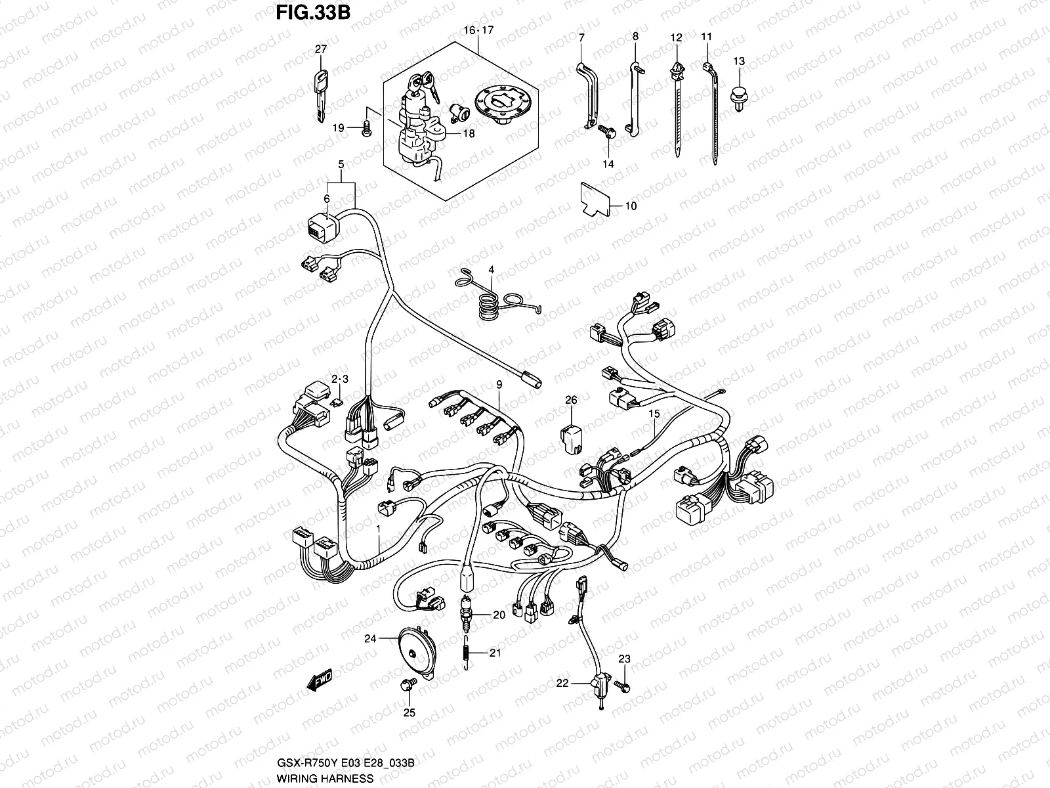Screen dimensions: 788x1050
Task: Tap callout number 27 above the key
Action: (x=320, y=49)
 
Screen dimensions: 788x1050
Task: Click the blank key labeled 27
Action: (x=320, y=95)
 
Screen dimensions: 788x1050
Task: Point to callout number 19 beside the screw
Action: (x=337, y=128)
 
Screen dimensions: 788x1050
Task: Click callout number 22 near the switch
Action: (x=562, y=683)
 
